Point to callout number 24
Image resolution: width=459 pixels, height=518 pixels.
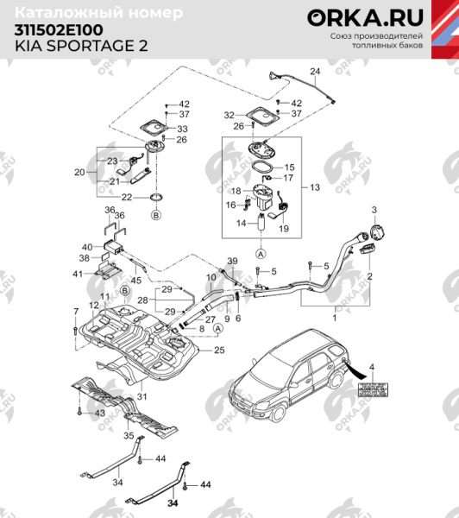pyautogui.click(x=315, y=70)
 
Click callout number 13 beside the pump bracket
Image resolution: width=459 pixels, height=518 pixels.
pyautogui.click(x=314, y=187)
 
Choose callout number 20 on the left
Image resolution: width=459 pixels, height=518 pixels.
pyautogui.click(x=79, y=172)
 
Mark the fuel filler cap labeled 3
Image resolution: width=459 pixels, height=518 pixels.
pyautogui.click(x=377, y=232)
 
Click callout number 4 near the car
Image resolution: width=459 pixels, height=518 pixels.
pyautogui.click(x=372, y=368)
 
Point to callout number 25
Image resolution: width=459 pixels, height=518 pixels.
pyautogui.click(x=218, y=350)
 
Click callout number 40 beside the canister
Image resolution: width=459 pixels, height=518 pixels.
pyautogui.click(x=86, y=247)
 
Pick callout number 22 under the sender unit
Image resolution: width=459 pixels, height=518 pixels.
pyautogui.click(x=127, y=198)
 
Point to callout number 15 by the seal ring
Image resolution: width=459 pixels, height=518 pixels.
pyautogui.click(x=290, y=167)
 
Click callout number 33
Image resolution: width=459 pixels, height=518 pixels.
pyautogui.click(x=182, y=129)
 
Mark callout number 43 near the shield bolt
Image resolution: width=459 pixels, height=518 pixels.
pyautogui.click(x=99, y=414)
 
